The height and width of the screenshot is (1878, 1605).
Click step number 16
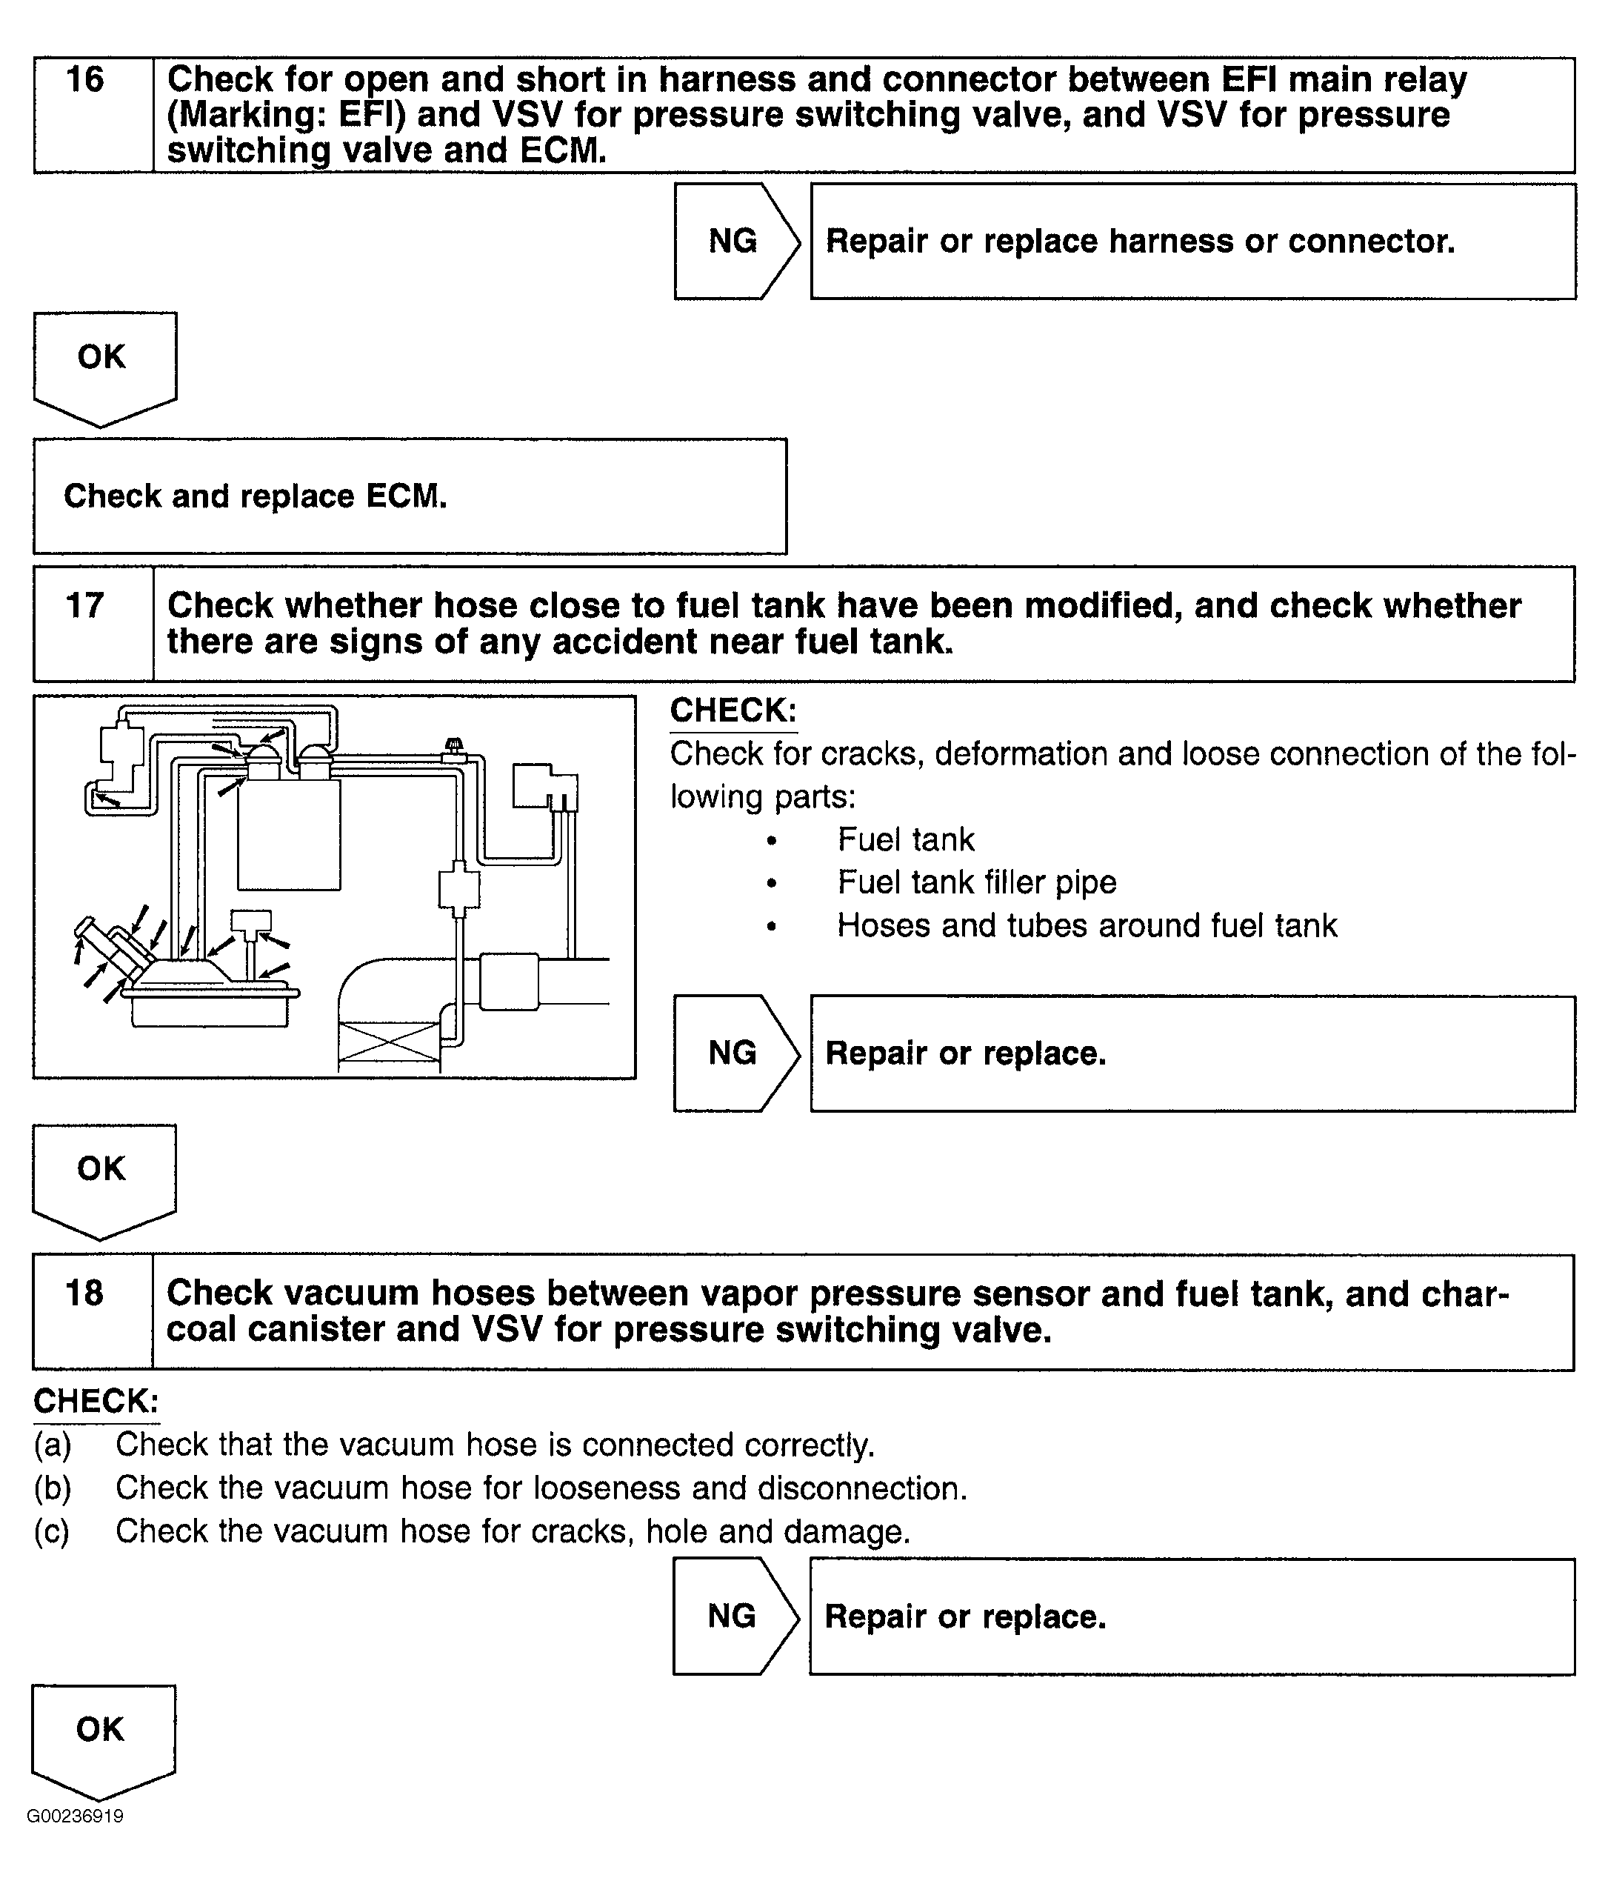[x=85, y=80]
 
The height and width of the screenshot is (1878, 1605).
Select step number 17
[x=85, y=605]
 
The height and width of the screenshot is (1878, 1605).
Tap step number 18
[x=84, y=1293]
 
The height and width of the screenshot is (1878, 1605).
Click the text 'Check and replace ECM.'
[x=255, y=496]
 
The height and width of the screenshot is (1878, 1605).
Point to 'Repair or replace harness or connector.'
[x=1140, y=241]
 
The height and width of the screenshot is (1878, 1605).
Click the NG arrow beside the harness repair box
[x=735, y=241]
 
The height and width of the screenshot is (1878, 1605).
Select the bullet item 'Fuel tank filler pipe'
[x=976, y=882]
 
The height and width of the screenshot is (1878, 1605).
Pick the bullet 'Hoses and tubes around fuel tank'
[x=1086, y=925]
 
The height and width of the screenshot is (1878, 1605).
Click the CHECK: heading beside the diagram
[x=733, y=710]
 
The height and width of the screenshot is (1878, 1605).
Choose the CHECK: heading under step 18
[x=96, y=1401]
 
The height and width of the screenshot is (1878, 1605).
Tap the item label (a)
[x=53, y=1445]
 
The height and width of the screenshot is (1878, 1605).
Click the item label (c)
[x=52, y=1532]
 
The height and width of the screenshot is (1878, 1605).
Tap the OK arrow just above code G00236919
[x=102, y=1736]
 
